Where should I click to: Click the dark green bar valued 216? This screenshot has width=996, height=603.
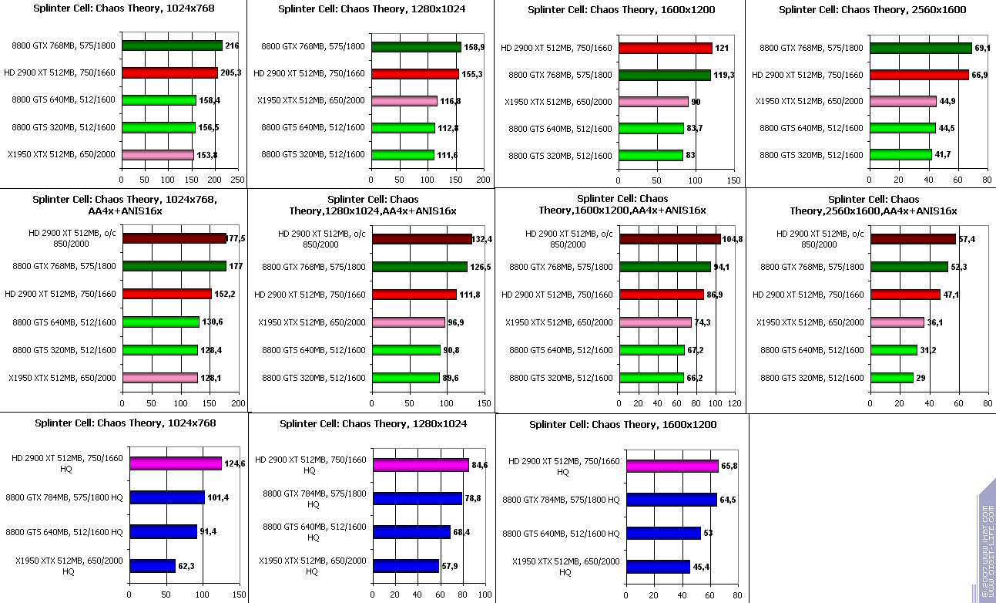coord(171,46)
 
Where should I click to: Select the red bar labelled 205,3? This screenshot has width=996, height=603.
coord(169,73)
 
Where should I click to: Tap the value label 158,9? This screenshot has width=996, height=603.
coord(474,47)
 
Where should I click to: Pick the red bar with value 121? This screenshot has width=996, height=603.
coord(666,49)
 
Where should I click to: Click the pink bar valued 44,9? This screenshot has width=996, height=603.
coord(903,101)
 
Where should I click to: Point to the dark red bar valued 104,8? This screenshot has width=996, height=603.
coord(669,239)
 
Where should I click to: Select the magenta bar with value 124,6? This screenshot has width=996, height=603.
coord(176,463)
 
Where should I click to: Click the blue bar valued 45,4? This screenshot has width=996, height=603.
coord(658,567)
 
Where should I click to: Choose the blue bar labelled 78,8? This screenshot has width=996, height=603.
coord(417,499)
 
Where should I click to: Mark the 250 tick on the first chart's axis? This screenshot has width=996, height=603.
coord(238,180)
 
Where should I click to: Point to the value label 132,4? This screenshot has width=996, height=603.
coord(482,240)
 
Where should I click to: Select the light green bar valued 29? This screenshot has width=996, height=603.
coord(891,378)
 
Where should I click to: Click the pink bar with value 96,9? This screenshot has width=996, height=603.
coord(408,322)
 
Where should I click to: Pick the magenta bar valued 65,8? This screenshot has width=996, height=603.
coord(672,466)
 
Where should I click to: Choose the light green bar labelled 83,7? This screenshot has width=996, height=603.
coord(655,128)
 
